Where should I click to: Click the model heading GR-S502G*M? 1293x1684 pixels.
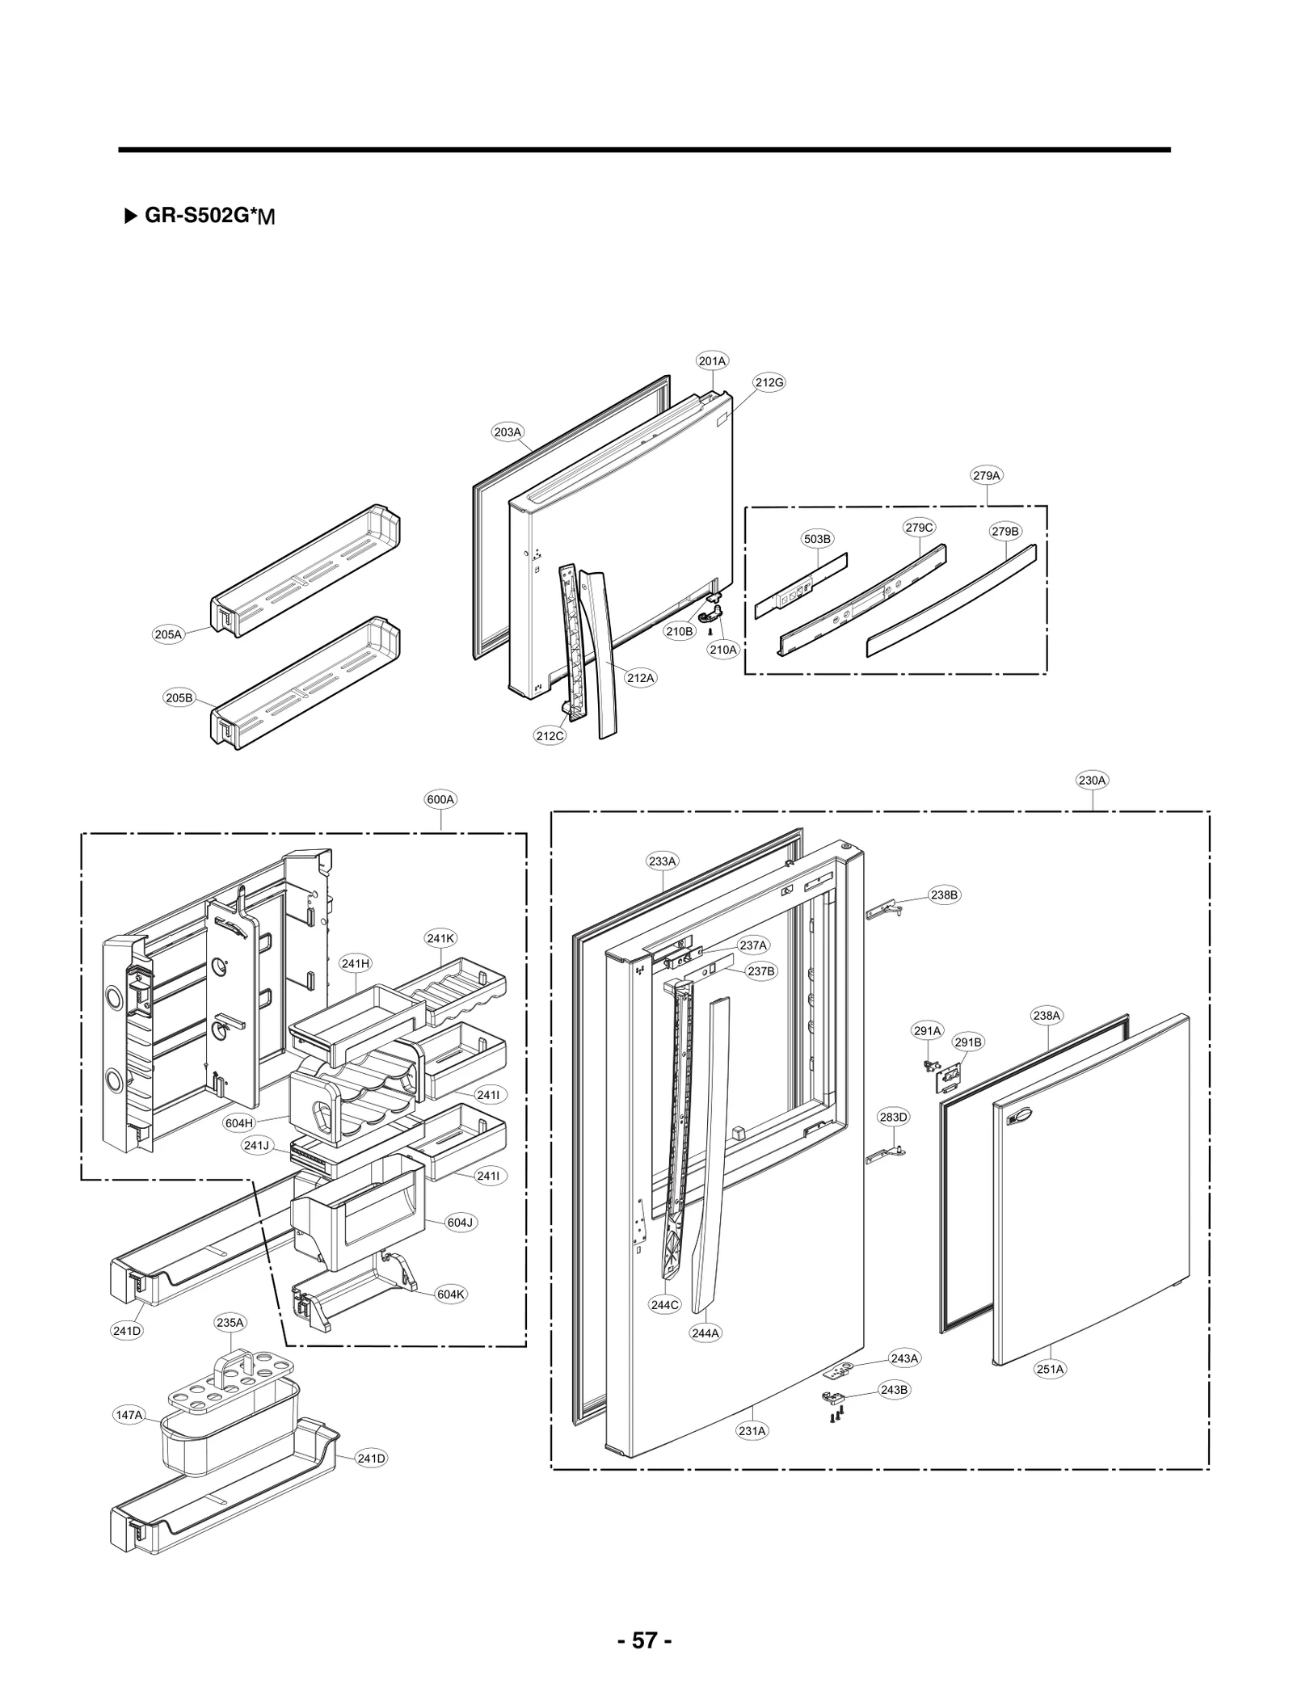[x=209, y=217]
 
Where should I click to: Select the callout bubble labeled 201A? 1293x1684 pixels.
[x=712, y=361]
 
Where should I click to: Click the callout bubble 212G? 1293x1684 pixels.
[x=769, y=382]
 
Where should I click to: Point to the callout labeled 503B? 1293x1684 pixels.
[x=817, y=539]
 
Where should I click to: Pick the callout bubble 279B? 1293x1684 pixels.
[x=1005, y=531]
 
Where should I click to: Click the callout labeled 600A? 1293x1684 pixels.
[x=441, y=799]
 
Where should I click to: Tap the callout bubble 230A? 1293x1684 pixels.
[x=1092, y=781]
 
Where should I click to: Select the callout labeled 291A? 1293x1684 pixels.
[x=927, y=1030]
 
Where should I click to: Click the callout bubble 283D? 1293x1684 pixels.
[x=893, y=1117]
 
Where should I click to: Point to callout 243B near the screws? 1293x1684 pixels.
[x=894, y=1390]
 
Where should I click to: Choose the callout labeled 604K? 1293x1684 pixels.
[x=451, y=1294]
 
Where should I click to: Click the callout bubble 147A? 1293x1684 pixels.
[x=129, y=1415]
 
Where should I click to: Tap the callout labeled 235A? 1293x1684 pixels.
[x=230, y=1323]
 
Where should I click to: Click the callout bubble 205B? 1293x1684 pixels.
[x=179, y=697]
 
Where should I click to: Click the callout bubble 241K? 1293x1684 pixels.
[x=440, y=938]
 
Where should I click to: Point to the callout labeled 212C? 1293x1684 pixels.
[x=550, y=735]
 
